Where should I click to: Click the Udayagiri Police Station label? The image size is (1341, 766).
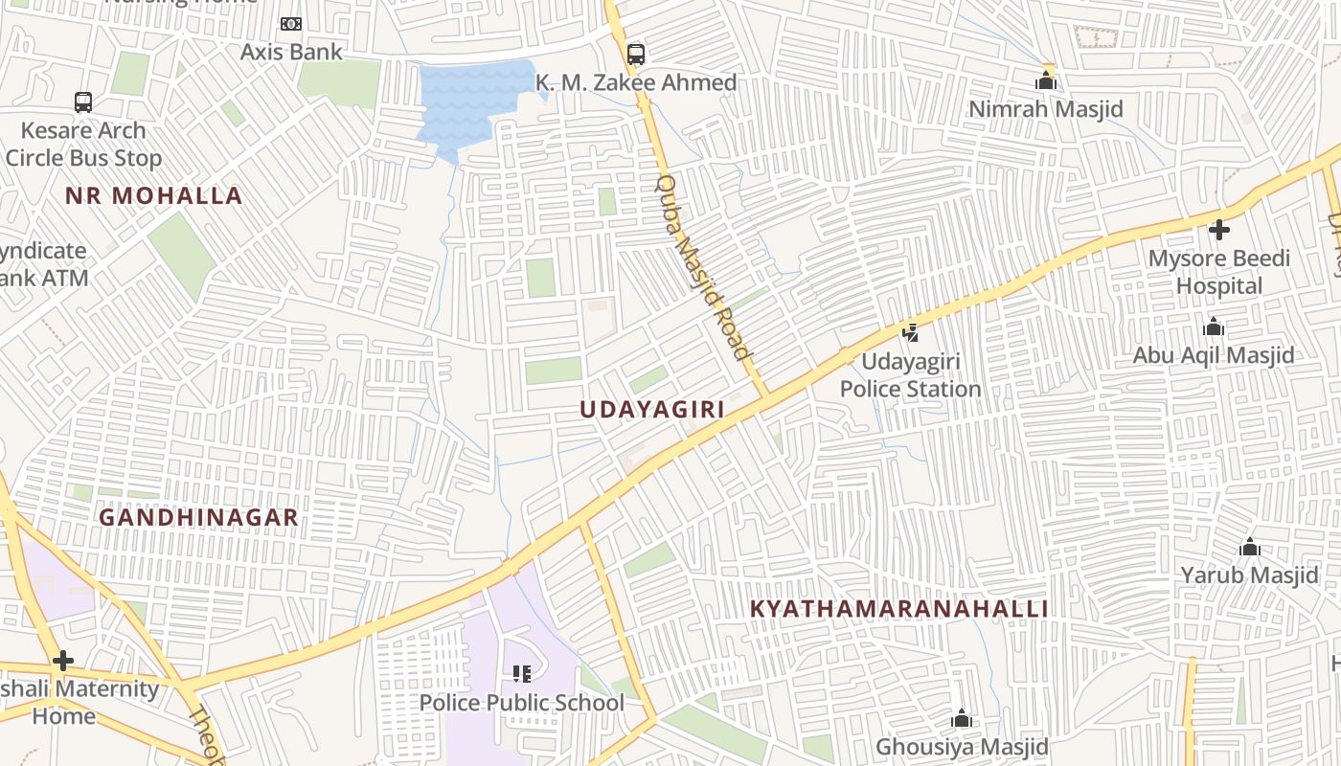(910, 375)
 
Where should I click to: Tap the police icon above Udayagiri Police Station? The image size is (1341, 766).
(911, 333)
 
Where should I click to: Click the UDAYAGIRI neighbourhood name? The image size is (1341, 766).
(651, 410)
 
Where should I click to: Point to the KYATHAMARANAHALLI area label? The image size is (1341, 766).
(898, 609)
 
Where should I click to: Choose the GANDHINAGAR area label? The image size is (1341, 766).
(199, 518)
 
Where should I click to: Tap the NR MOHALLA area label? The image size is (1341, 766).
(153, 196)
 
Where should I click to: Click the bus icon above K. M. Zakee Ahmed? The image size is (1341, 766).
(636, 54)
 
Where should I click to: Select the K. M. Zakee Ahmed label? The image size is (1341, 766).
(636, 83)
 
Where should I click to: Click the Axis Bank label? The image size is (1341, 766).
(291, 52)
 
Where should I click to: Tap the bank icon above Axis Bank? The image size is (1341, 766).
(290, 23)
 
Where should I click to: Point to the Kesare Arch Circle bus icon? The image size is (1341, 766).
(83, 101)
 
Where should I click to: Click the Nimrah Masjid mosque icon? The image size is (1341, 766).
(1046, 80)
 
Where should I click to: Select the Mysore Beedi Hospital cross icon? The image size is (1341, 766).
(1218, 230)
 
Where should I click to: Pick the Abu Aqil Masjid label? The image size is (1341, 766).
(1214, 355)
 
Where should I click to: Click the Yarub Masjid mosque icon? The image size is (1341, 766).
(1250, 548)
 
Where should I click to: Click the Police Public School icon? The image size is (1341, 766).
(522, 674)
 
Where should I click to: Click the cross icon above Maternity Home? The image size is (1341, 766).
(63, 661)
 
